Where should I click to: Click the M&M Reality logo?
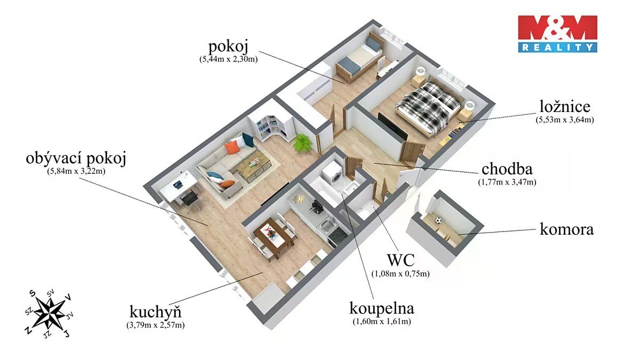(x=557, y=34)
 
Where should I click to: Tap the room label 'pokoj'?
(x=228, y=46)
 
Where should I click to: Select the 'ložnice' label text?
(x=565, y=106)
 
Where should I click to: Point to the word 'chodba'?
(x=507, y=169)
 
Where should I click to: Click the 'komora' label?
(x=566, y=229)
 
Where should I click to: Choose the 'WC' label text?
(x=401, y=260)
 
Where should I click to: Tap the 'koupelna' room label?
(x=382, y=309)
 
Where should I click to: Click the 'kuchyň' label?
(x=155, y=311)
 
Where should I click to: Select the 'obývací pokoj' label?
(x=76, y=158)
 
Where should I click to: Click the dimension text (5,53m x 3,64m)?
(x=565, y=119)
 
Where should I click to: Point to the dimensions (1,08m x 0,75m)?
(x=401, y=274)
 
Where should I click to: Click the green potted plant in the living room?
(x=302, y=142)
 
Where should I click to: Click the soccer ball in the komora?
(x=438, y=221)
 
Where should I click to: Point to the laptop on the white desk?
(x=178, y=185)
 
